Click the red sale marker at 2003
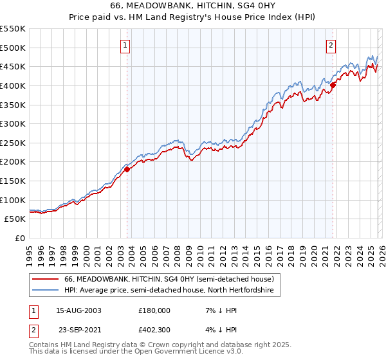pyautogui.click(x=127, y=170)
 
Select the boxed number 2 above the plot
pyautogui.click(x=331, y=45)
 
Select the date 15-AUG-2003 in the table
pyautogui.click(x=78, y=310)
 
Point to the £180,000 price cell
pyautogui.click(x=154, y=310)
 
